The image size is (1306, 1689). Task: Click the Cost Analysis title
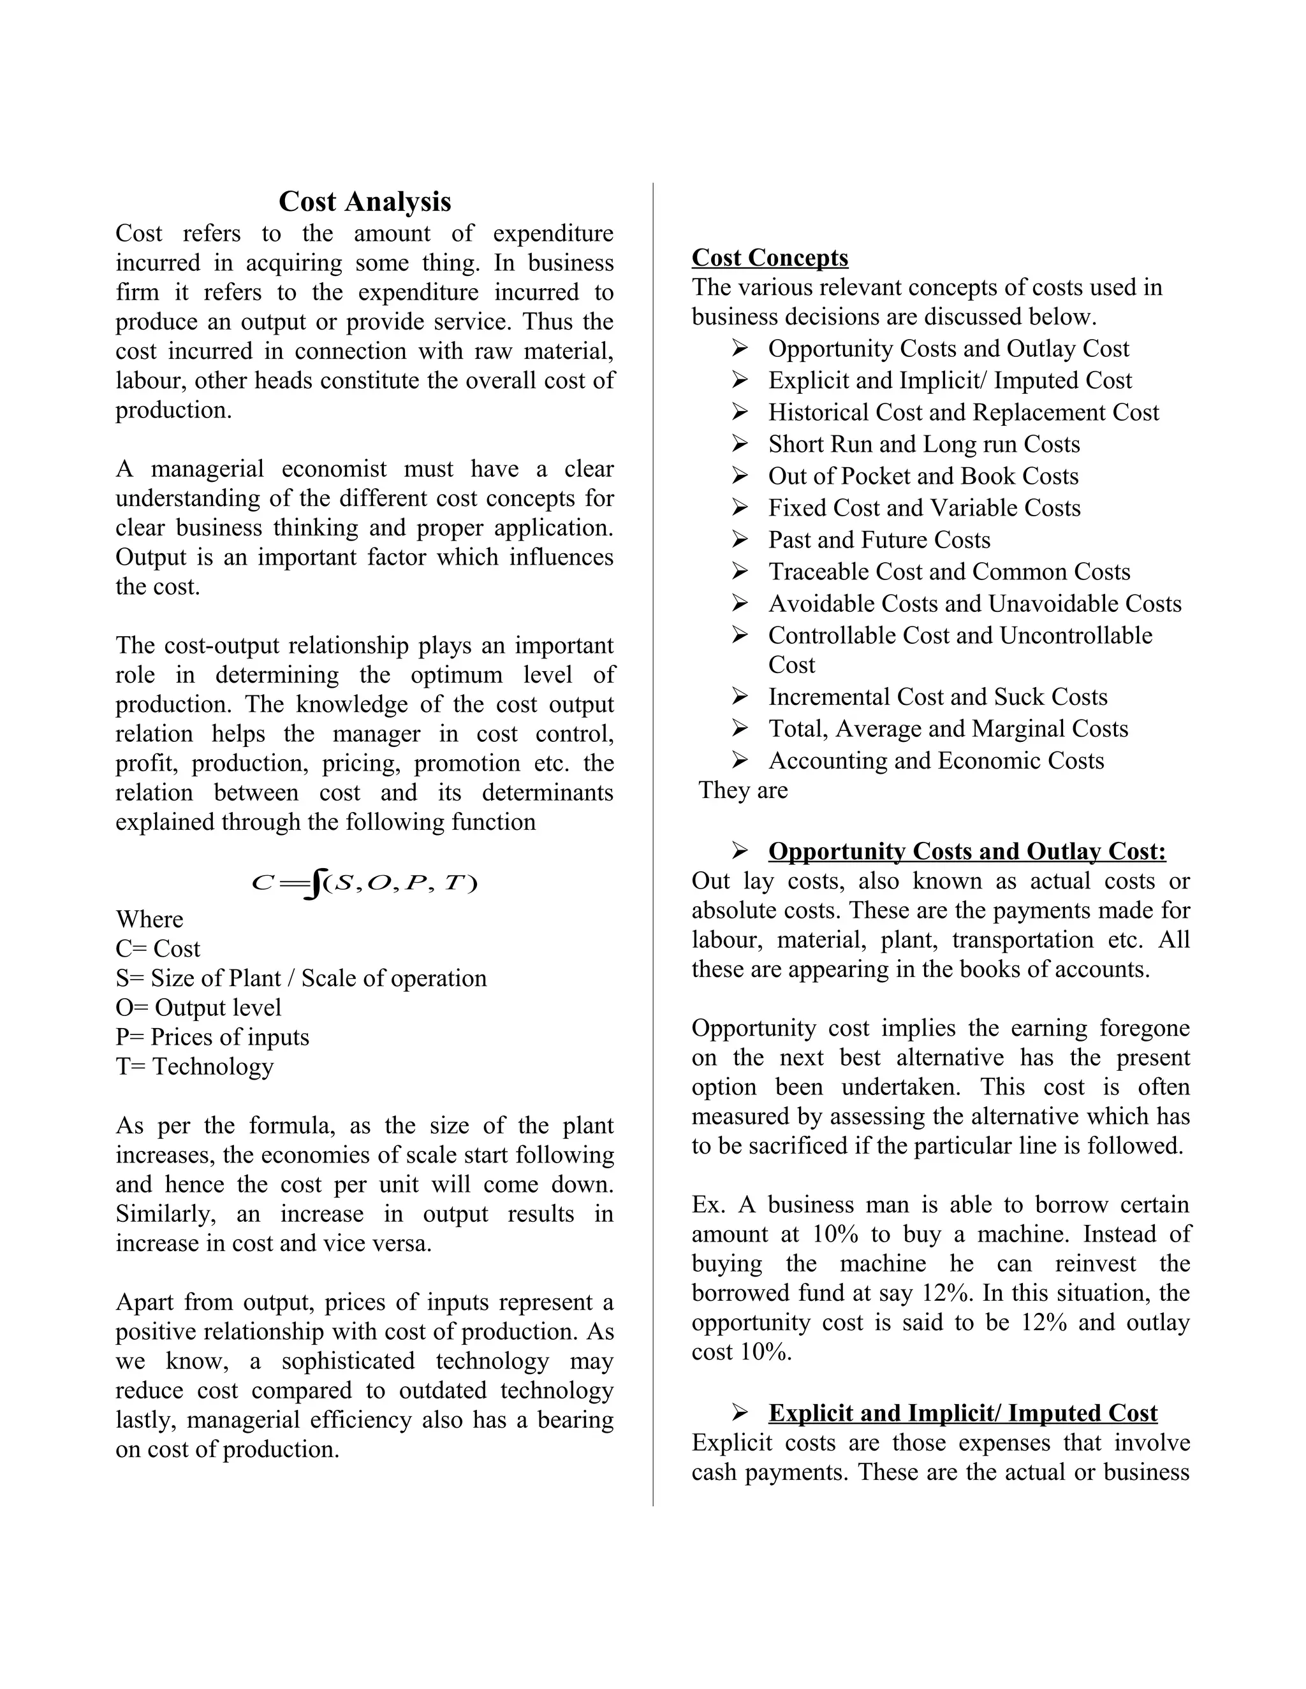(x=364, y=202)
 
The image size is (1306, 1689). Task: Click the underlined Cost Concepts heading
(x=769, y=257)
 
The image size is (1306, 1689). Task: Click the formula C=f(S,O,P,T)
(x=364, y=883)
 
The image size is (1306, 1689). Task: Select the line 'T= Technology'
(x=194, y=1066)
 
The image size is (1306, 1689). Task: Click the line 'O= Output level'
(x=198, y=1008)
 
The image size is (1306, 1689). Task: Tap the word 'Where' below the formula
(x=149, y=920)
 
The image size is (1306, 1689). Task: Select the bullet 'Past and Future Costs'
(x=878, y=540)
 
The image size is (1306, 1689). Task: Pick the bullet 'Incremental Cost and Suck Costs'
(x=937, y=697)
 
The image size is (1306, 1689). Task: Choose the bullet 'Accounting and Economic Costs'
(x=935, y=761)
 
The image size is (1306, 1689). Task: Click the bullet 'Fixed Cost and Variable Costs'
(x=924, y=508)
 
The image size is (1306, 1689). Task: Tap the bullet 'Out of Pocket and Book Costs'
(x=922, y=476)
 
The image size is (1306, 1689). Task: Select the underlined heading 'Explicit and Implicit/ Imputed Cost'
(x=962, y=1414)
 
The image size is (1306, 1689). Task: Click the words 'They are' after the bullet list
(x=743, y=790)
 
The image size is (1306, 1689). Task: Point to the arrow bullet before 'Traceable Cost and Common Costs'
(x=740, y=572)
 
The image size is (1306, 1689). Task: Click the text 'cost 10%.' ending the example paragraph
(x=741, y=1352)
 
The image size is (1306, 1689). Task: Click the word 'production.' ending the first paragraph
(x=173, y=410)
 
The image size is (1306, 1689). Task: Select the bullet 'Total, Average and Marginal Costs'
(x=947, y=729)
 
